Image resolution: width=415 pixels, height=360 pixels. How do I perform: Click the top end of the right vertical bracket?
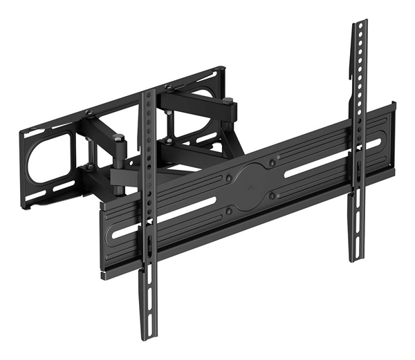[358, 24]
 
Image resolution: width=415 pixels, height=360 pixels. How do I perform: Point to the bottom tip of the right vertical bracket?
[356, 258]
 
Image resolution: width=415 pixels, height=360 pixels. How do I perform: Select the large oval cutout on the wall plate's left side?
[48, 157]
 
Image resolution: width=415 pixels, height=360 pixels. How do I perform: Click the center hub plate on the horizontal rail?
[250, 185]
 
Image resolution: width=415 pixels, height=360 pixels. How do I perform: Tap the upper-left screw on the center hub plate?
[229, 178]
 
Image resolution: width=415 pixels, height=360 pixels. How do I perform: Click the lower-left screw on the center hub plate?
[229, 211]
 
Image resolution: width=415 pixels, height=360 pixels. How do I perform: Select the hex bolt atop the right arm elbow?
[228, 102]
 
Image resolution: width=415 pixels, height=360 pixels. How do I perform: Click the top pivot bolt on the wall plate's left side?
[89, 113]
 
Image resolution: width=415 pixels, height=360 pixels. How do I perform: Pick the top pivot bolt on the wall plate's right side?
[168, 87]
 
